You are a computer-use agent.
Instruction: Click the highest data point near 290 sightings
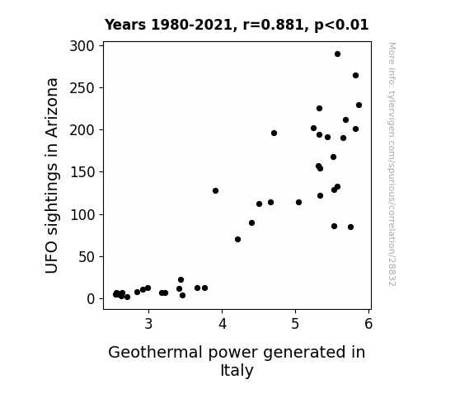337,54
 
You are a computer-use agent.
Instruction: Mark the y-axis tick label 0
91,299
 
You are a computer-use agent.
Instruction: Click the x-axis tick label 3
148,324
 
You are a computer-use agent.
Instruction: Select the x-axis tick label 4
223,324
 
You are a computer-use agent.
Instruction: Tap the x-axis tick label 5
295,324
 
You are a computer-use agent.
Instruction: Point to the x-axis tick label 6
368,324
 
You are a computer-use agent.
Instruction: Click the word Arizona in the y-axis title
52,108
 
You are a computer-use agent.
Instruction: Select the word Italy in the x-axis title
237,371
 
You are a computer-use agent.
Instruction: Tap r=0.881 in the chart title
274,25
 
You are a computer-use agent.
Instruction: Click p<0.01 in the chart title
341,26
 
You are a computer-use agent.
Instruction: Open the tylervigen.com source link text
392,164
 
